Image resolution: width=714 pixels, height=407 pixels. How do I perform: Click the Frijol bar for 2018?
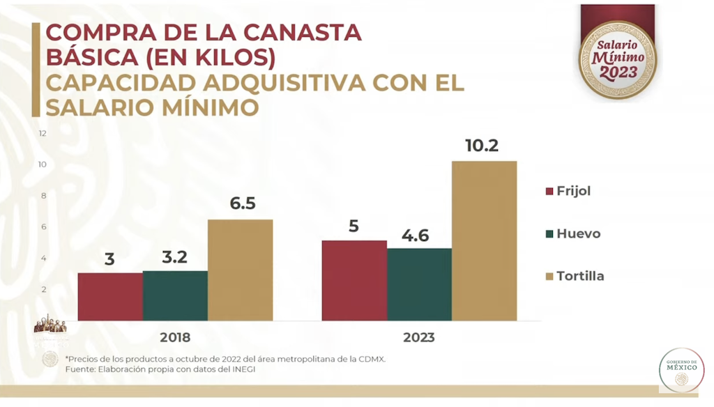tap(110, 296)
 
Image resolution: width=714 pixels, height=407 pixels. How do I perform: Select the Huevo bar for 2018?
tap(175, 295)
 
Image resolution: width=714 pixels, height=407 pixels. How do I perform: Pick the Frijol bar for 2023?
tap(354, 280)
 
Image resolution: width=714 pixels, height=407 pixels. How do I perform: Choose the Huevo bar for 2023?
tap(419, 284)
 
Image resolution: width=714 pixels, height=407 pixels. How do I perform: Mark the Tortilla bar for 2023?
tap(484, 240)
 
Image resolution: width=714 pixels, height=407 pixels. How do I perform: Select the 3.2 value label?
tap(175, 257)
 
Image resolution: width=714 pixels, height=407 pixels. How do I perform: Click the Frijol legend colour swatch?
tap(549, 192)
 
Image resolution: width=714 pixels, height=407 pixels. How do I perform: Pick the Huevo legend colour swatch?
tap(549, 234)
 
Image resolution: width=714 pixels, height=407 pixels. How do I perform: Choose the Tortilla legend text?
tap(580, 276)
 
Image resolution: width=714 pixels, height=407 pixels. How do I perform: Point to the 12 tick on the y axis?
tap(43, 133)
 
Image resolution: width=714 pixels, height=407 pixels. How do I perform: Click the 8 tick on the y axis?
tap(43, 196)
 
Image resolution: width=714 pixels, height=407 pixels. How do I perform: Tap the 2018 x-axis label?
tap(175, 337)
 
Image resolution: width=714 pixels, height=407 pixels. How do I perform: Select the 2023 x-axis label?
tap(419, 337)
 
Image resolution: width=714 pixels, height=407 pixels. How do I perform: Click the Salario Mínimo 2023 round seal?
tap(618, 59)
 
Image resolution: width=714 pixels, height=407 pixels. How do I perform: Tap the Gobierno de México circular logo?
tap(681, 370)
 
